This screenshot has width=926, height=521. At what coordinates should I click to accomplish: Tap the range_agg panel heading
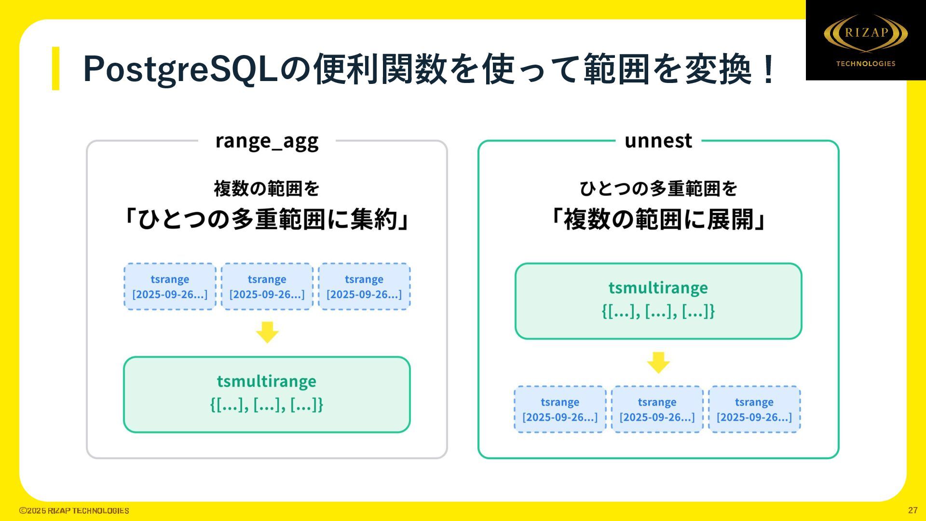click(x=267, y=141)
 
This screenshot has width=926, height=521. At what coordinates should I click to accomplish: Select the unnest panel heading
click(x=658, y=141)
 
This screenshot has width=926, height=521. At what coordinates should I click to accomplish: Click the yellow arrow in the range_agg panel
click(x=267, y=332)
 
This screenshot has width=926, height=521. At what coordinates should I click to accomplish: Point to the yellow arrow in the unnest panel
click(x=658, y=362)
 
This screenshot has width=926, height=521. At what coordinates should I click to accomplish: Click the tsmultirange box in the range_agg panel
click(x=267, y=395)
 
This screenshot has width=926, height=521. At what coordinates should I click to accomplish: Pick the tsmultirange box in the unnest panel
click(x=658, y=301)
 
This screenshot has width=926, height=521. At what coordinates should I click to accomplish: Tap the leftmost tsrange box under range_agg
click(x=170, y=287)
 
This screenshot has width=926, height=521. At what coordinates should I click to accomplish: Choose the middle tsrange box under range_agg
click(x=267, y=287)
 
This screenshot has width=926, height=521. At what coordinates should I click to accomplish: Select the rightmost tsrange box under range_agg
click(x=364, y=287)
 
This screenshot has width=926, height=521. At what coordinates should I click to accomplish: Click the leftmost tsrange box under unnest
click(x=560, y=409)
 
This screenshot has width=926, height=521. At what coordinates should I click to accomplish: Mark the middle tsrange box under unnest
click(x=657, y=409)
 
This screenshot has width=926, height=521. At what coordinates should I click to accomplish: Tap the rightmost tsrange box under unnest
click(x=754, y=409)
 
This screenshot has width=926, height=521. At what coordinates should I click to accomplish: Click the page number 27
click(x=912, y=510)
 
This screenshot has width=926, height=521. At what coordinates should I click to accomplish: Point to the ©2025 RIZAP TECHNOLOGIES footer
click(x=74, y=510)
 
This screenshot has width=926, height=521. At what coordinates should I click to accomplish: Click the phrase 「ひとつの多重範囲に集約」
click(x=267, y=219)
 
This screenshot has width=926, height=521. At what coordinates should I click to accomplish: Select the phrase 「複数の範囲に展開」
click(x=658, y=219)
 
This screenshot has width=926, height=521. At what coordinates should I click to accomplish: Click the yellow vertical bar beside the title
click(x=55, y=68)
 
